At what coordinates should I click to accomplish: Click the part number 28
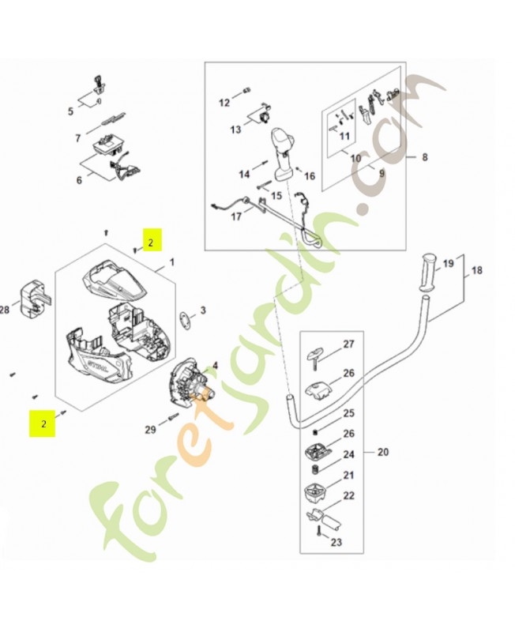tap(5, 310)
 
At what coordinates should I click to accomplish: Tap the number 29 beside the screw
tap(150, 429)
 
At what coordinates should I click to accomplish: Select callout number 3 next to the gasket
tap(202, 310)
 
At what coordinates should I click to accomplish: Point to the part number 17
tap(236, 216)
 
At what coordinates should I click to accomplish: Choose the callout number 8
tap(424, 157)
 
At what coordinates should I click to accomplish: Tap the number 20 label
tap(383, 453)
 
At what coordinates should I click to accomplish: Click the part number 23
tap(336, 542)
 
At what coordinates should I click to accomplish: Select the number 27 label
tap(348, 344)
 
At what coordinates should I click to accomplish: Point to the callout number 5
tap(70, 111)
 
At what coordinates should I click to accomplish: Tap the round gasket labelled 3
tap(184, 320)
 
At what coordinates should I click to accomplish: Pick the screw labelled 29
tap(175, 418)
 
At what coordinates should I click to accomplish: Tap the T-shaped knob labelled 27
tap(318, 353)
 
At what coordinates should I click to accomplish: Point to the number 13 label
tap(235, 129)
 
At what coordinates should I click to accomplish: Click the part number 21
tap(348, 475)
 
